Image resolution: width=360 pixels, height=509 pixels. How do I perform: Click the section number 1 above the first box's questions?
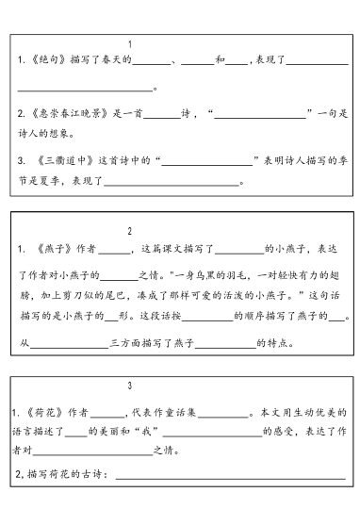pos(129,43)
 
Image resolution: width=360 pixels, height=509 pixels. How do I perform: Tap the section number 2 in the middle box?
pos(129,230)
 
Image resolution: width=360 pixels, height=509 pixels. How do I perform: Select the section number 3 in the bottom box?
pos(129,386)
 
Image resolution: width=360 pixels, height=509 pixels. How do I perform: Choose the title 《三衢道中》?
pos(67,162)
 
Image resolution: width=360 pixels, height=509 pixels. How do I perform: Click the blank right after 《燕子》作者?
pos(114,252)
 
